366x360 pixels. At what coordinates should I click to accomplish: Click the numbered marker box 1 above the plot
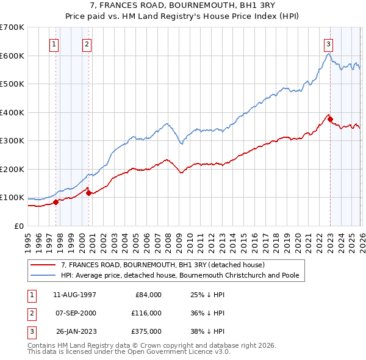[x=54, y=44]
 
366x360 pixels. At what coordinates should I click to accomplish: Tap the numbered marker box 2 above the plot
[x=87, y=44]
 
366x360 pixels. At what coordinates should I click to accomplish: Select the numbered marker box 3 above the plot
[x=328, y=44]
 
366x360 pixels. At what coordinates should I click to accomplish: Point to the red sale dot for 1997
[x=56, y=202]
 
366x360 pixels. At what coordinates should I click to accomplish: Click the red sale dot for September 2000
[x=88, y=193]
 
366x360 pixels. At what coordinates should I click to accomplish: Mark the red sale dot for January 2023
[x=330, y=120]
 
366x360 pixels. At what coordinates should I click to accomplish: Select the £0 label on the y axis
[x=18, y=226]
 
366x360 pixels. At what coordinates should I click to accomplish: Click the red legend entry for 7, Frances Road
[x=162, y=265]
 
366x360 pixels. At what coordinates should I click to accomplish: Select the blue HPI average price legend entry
[x=179, y=275]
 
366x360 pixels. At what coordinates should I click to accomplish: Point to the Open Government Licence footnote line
[x=129, y=352]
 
